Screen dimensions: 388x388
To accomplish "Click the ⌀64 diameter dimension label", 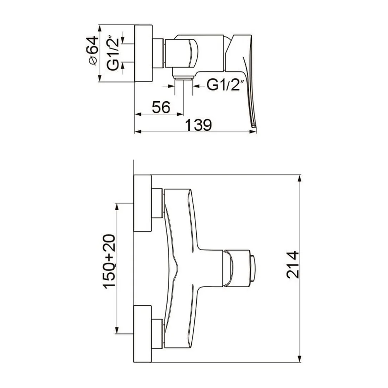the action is pos(92,51).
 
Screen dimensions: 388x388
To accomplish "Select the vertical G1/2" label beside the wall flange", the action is pos(113,54).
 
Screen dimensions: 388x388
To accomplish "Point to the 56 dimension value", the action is pos(161,107).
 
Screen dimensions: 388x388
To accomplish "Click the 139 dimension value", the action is pos(198,125).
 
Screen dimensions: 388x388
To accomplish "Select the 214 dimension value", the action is pos(293,265).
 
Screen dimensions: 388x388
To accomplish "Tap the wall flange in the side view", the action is pos(143,53).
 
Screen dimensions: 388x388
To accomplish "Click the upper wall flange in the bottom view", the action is pos(142,203).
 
